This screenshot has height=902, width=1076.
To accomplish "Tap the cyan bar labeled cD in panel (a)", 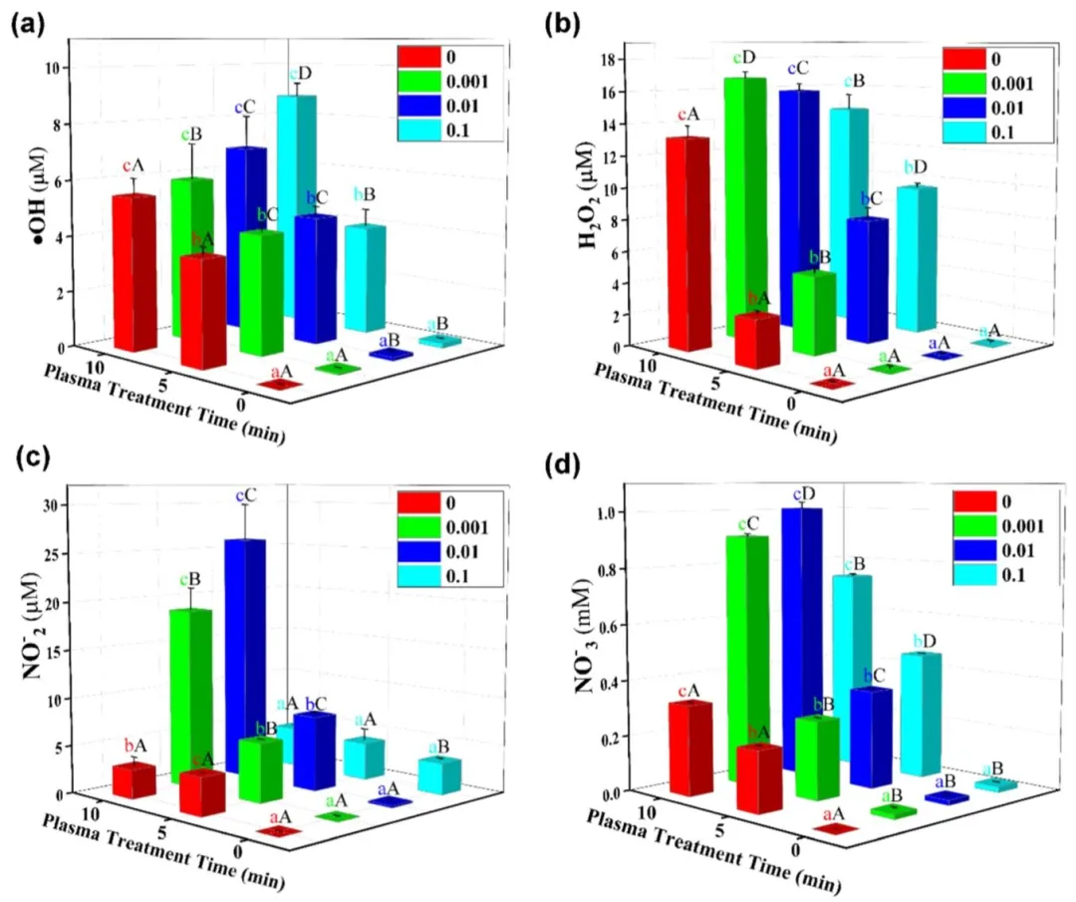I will coord(296,199).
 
